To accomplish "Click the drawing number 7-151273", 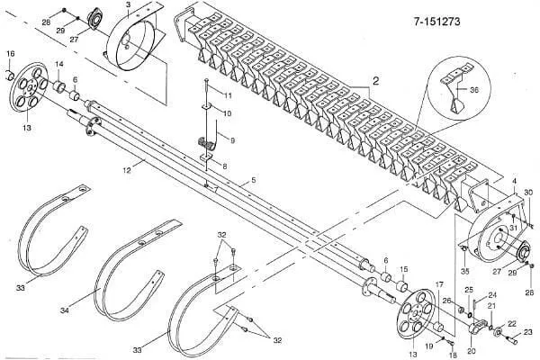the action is pos(436,22).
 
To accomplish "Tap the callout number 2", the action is pos(375,81).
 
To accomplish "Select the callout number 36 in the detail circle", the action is pos(474,90).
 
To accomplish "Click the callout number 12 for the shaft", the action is pos(127,170).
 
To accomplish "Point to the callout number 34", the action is pos(65,310).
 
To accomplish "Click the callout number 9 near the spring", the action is pos(233,140).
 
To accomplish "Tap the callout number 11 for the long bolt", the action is pos(228,95).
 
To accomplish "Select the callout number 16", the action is pos(10,53).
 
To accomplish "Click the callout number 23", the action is pos(528,332).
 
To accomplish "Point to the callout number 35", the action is pos(465,272).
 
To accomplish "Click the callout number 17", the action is pos(439,285).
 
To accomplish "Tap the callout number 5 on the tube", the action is pos(254,180).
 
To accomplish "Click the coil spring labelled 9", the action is pos(205,143).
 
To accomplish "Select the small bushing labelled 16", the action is pos(10,75).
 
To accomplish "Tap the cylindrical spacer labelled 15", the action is pos(402,286).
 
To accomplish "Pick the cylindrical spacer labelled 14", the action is pos(59,86).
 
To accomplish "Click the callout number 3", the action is pos(128,4).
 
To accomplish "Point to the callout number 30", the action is pos(528,193).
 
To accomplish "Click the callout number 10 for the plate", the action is pos(227,113).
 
